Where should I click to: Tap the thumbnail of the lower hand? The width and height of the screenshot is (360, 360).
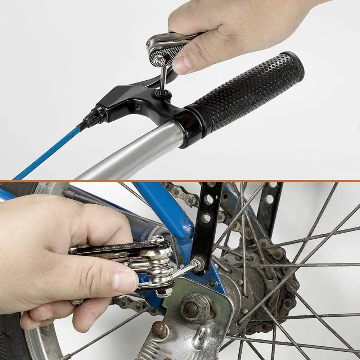click(x=124, y=281)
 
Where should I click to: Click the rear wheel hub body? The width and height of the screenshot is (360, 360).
click(x=248, y=288)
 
